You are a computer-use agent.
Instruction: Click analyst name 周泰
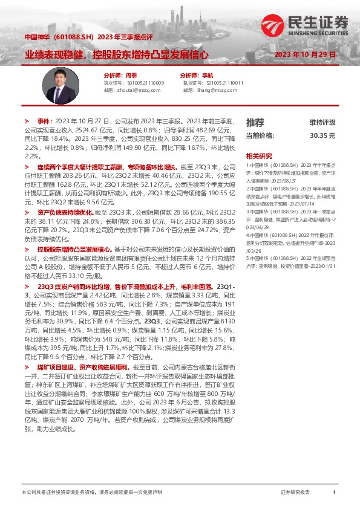(x=130, y=75)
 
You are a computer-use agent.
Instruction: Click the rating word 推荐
(x=255, y=123)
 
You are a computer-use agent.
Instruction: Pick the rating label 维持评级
(x=322, y=123)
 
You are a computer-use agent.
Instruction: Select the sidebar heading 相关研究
(x=258, y=155)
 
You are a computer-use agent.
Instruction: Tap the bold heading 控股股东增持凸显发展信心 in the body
(x=74, y=232)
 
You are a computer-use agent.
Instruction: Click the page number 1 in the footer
(x=334, y=493)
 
